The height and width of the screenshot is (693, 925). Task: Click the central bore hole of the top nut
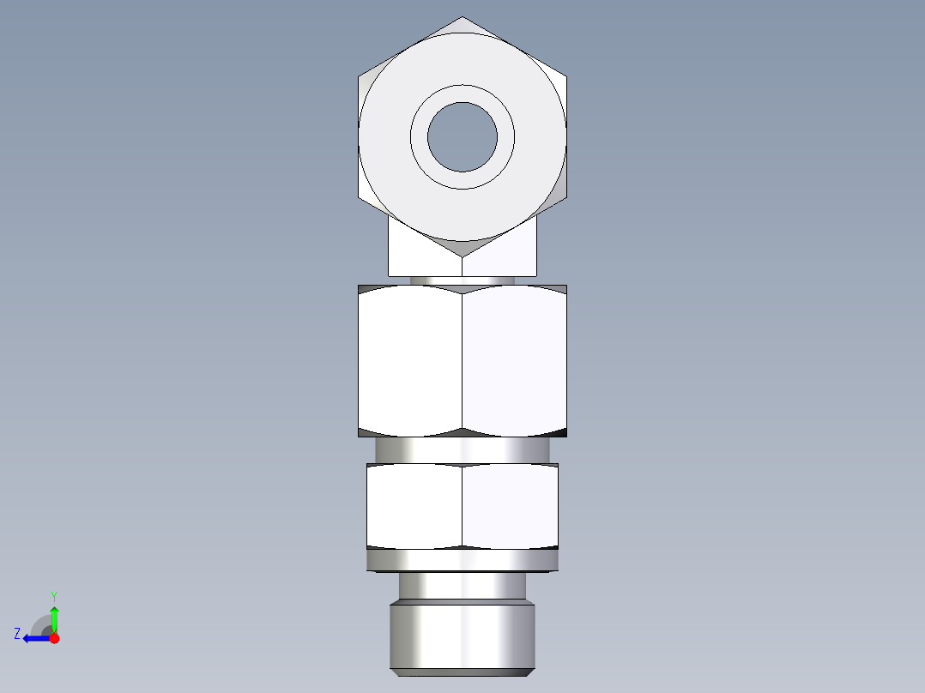coord(462,137)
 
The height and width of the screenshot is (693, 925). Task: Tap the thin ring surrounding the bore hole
coord(462,93)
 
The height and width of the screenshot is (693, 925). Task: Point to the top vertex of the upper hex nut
coord(462,18)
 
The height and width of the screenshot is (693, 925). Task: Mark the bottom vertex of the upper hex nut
coord(462,256)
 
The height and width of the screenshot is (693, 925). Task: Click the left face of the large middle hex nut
coord(410,360)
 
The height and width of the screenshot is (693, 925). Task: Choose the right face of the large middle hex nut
coord(515,360)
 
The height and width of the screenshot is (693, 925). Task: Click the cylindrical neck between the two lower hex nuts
coord(462,450)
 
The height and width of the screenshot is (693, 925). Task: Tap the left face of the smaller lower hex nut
coord(414,506)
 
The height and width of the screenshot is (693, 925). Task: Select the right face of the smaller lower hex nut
coord(511,506)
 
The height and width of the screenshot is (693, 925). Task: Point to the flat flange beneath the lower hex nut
coord(462,561)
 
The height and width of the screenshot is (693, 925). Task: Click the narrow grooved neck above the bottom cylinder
coord(462,586)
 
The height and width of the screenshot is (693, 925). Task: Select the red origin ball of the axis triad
coord(54,638)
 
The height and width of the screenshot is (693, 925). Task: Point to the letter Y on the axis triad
coord(53,595)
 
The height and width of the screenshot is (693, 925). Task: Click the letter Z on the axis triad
coord(17,634)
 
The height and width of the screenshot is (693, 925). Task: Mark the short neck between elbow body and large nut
coord(462,280)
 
